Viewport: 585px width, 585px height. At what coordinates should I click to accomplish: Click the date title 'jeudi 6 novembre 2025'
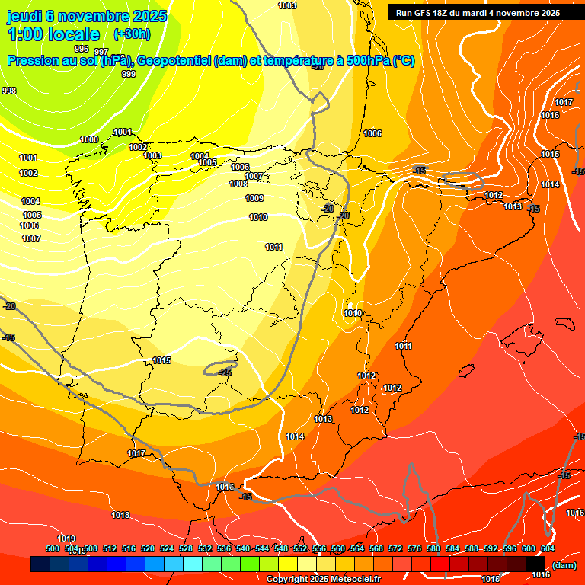click(88, 15)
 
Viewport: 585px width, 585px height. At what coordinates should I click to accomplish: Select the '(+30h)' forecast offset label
click(132, 34)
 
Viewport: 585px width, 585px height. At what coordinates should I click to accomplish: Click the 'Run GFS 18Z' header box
click(478, 13)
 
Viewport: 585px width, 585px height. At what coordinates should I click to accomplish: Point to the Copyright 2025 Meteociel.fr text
click(323, 579)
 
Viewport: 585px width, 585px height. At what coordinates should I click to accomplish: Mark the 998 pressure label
click(9, 91)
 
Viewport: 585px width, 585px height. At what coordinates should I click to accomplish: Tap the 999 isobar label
click(129, 74)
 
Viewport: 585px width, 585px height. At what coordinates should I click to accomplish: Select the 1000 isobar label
click(89, 139)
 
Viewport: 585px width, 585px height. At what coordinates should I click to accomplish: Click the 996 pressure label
click(82, 49)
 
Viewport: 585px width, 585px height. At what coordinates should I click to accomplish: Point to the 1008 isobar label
click(238, 184)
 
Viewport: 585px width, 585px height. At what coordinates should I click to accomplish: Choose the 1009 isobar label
click(254, 198)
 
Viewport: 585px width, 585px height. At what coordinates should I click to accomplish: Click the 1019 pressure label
click(66, 539)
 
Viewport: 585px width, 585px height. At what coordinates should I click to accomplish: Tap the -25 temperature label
click(225, 372)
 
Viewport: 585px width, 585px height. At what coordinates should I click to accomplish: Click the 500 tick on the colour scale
click(53, 548)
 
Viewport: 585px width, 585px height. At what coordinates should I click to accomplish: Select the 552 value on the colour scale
click(300, 548)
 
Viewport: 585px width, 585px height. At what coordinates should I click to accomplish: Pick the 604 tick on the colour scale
click(548, 548)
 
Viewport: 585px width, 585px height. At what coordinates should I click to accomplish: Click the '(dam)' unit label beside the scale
click(564, 565)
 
